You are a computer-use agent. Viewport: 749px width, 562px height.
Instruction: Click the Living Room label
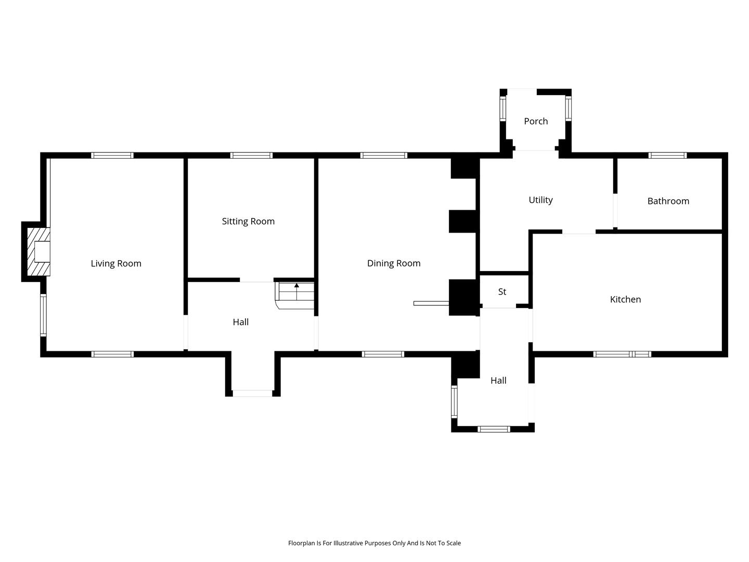115,263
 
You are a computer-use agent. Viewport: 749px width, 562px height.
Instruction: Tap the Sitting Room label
248,222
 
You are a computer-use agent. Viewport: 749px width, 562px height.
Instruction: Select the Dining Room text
393,263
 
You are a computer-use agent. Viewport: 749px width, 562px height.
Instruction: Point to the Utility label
540,200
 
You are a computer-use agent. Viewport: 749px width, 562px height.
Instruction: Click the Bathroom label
668,201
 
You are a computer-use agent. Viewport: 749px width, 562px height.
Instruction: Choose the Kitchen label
625,299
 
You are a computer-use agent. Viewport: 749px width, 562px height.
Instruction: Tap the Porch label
535,121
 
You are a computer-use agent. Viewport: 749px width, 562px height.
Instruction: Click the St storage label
501,292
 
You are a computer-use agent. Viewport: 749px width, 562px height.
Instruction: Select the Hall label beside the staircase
240,322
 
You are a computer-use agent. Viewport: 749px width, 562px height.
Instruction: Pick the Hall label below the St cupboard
498,380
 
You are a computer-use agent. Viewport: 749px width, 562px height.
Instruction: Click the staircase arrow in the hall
296,291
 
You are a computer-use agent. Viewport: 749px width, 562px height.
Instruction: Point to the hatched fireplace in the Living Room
38,251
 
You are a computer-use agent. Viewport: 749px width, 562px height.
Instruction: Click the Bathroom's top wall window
667,156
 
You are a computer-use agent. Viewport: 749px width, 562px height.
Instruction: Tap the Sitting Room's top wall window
251,156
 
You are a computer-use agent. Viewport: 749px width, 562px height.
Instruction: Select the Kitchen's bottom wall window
622,354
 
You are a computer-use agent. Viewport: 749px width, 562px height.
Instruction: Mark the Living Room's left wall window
43,315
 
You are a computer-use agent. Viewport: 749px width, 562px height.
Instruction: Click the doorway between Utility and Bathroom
615,211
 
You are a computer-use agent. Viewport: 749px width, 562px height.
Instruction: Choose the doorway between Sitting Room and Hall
256,280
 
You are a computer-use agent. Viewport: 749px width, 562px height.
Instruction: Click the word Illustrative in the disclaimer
348,543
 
